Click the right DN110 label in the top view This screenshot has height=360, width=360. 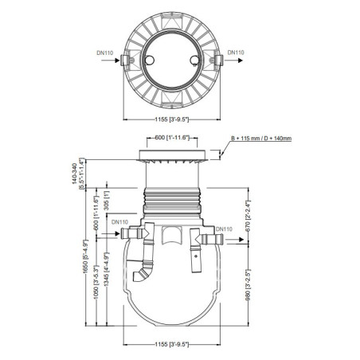point(237,54)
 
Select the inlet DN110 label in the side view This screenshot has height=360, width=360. point(120,222)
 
